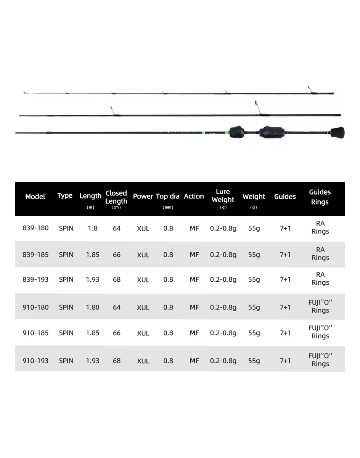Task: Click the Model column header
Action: click(x=35, y=197)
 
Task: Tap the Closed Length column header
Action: click(x=116, y=197)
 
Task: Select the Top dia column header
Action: click(x=168, y=197)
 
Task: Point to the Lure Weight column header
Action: click(x=223, y=196)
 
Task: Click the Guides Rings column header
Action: click(x=320, y=197)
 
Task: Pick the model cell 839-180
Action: click(x=35, y=228)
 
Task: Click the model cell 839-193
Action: click(x=35, y=279)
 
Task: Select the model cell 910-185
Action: click(x=35, y=333)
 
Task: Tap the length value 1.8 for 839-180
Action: click(x=93, y=228)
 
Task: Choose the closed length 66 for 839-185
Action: click(x=117, y=255)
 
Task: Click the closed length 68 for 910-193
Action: click(x=117, y=361)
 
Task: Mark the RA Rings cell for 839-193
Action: click(x=320, y=279)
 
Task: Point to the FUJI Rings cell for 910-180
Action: click(x=320, y=306)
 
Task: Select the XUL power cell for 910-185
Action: click(x=143, y=333)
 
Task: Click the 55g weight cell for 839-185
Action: click(x=254, y=255)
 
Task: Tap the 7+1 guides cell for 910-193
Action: click(x=285, y=361)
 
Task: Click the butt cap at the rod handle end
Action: click(x=337, y=132)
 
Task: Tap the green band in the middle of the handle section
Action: click(x=204, y=133)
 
